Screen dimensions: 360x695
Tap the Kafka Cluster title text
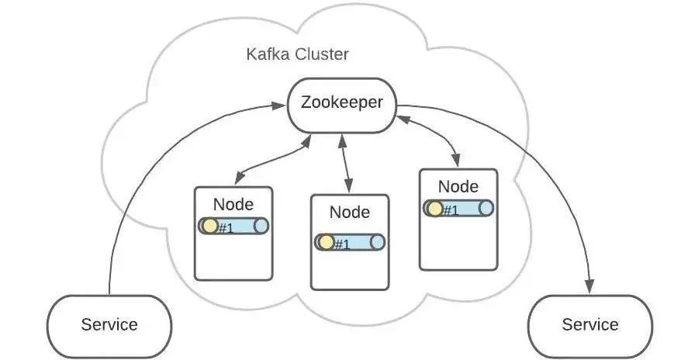297,55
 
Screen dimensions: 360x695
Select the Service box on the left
109,324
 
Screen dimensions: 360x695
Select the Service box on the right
590,324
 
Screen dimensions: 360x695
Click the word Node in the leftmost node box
233,204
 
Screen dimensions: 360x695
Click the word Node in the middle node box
350,212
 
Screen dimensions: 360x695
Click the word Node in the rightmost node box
458,186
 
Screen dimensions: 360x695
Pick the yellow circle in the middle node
327,242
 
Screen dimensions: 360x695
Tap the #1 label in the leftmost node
226,227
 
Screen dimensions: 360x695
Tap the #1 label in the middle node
342,244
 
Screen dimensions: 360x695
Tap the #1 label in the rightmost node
451,209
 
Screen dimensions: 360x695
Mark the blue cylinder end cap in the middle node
378,242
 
